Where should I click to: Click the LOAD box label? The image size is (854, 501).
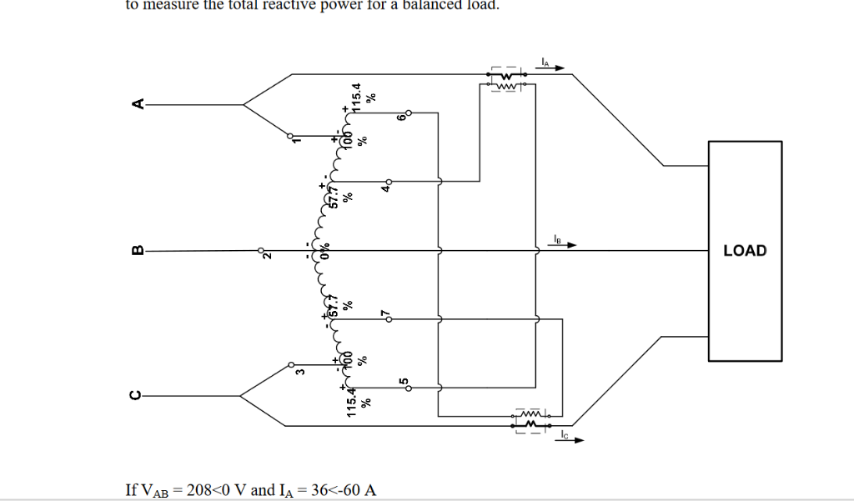point(744,250)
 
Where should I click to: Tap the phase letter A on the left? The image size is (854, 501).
point(138,104)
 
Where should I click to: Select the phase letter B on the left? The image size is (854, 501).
point(138,249)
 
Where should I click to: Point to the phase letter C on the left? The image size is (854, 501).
point(138,395)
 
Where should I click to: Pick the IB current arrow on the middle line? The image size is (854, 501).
point(562,245)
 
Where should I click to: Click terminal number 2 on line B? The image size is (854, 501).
point(267,256)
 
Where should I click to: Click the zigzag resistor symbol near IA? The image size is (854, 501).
point(505,84)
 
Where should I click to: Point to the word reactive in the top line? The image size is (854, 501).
point(256,5)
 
